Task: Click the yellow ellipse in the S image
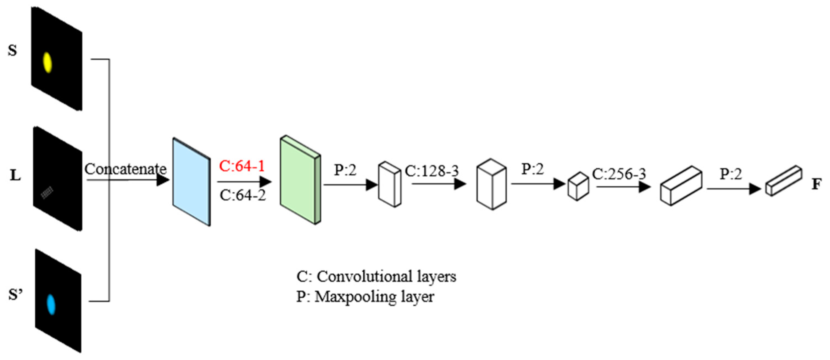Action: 47,63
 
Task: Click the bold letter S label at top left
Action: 12,51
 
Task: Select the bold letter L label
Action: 15,175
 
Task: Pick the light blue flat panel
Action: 191,182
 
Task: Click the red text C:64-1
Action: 242,166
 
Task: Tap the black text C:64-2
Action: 243,195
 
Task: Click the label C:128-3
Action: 432,171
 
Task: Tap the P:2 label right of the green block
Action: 345,170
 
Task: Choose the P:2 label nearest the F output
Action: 731,174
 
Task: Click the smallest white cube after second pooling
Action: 578,186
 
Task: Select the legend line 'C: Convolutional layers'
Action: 376,276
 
